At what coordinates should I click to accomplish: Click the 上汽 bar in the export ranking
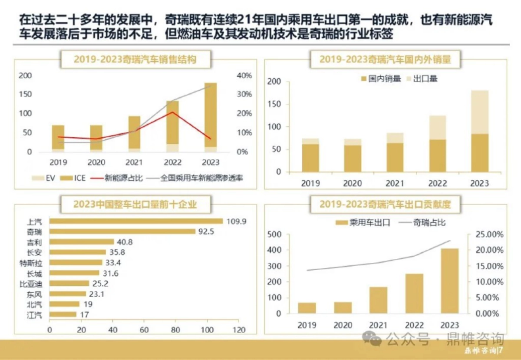tap(135, 221)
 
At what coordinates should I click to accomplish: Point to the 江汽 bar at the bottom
tap(63, 314)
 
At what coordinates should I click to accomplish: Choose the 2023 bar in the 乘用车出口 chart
tap(450, 281)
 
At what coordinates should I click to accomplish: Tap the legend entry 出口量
tap(421, 79)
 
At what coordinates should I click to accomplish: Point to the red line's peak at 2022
tap(173, 112)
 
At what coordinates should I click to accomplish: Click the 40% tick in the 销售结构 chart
tap(244, 76)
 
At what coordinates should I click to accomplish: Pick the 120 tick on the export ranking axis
tap(238, 330)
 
